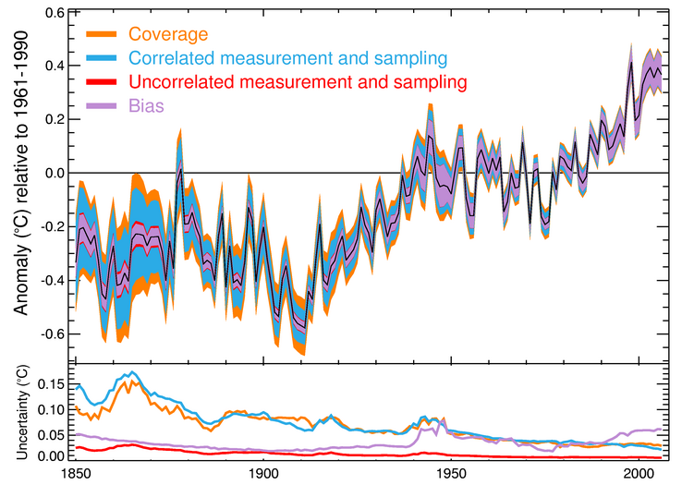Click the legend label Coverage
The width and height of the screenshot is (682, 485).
coord(168,35)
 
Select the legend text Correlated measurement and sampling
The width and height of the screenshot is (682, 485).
coord(287,58)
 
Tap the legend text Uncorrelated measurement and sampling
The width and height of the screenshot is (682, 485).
coord(298,82)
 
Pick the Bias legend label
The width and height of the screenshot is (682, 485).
coord(146,106)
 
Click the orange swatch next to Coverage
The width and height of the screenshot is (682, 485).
coord(101,35)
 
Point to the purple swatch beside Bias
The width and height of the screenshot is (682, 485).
coord(101,106)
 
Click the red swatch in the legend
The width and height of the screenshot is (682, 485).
coord(101,82)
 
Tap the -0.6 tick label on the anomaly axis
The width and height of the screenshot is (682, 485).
coord(50,333)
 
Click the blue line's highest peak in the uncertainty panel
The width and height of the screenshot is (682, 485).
coord(132,372)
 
